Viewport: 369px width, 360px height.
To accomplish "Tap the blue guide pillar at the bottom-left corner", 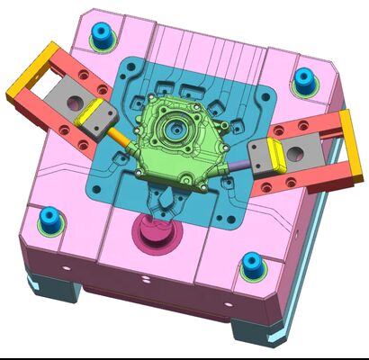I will click(46, 218).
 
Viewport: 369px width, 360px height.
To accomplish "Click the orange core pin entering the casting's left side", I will click(122, 139).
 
